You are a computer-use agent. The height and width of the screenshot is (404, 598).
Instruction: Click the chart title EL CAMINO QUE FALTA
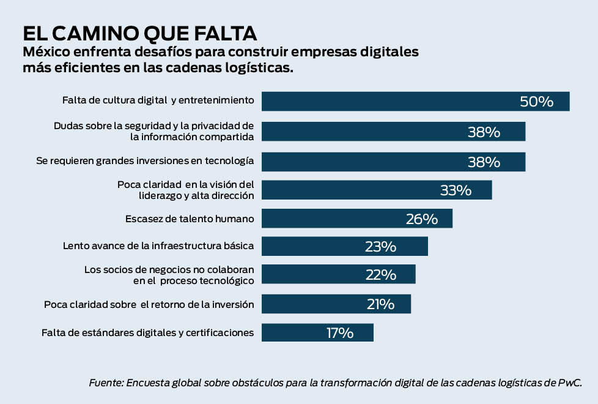coord(139,32)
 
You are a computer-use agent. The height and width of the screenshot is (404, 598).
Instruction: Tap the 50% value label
coord(536,102)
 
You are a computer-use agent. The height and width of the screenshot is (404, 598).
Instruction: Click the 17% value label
coord(340,333)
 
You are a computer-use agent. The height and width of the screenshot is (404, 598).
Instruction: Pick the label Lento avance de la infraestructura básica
coord(158,247)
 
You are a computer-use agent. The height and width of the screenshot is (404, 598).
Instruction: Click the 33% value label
coord(456,190)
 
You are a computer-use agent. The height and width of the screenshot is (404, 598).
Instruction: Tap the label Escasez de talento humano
coord(190,219)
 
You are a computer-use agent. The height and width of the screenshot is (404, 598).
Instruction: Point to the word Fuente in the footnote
coord(105,383)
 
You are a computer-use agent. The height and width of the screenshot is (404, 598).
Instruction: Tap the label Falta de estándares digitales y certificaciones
coord(147,333)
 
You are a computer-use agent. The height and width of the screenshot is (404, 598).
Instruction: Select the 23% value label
coord(380,247)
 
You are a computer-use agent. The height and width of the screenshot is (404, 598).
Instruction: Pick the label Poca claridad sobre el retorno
coord(149,304)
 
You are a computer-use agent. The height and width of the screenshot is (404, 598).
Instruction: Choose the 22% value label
coord(380,275)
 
